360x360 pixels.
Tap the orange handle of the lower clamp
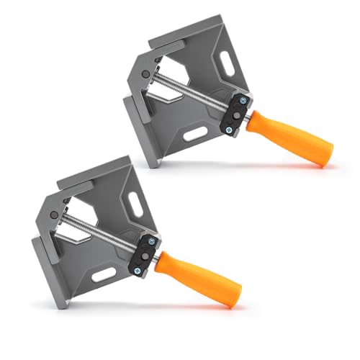click(x=199, y=278)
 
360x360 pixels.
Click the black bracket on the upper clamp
click(x=237, y=114)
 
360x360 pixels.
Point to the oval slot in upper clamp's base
click(x=192, y=135)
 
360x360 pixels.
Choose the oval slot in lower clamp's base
click(x=102, y=273)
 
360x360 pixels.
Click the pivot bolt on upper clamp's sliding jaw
click(x=147, y=73)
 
